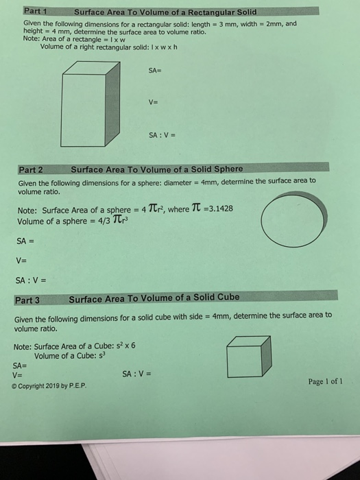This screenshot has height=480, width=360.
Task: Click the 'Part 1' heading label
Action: coord(34,11)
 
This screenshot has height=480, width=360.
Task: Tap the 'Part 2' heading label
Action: coord(31,169)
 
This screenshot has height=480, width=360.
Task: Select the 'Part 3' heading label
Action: coord(27,300)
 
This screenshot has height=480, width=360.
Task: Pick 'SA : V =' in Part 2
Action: coord(31,280)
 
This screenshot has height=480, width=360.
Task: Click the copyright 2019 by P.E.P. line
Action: coord(49,385)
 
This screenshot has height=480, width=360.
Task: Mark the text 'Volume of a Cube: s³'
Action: coord(68,356)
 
